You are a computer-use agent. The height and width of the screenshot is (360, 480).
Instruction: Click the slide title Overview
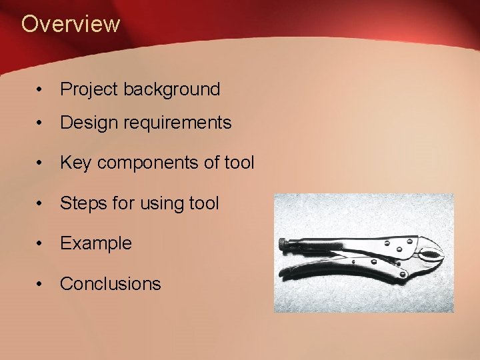(x=71, y=24)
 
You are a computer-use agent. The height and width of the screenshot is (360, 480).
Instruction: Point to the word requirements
(x=175, y=123)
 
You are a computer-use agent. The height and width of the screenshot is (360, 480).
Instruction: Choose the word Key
(x=75, y=163)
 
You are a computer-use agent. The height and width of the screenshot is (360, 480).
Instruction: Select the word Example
(x=96, y=243)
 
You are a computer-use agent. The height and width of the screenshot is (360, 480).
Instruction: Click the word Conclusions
(x=111, y=283)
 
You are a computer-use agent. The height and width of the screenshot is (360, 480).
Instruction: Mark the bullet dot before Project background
(x=41, y=90)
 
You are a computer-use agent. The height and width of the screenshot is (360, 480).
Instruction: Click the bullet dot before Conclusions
(x=41, y=284)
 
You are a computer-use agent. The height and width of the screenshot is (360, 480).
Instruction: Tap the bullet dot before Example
(x=41, y=244)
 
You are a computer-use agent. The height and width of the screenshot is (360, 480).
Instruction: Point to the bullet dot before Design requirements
(x=41, y=123)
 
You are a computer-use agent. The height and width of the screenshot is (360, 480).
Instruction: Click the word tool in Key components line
(x=237, y=163)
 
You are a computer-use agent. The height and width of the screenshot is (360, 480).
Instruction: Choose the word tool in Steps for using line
(x=202, y=203)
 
